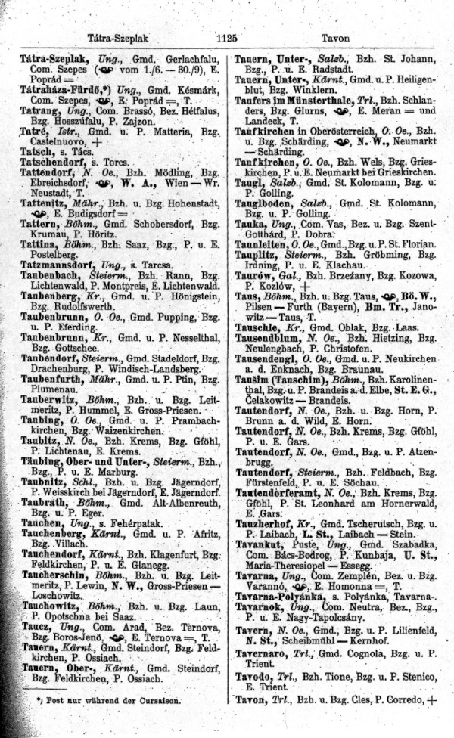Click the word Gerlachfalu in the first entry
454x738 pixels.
coord(186,59)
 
